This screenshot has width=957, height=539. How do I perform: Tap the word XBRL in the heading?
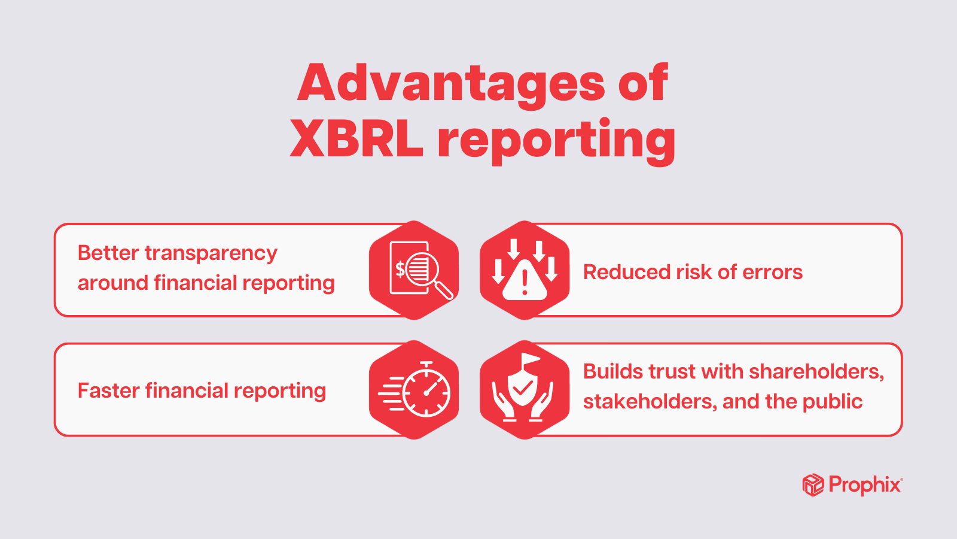[x=356, y=139]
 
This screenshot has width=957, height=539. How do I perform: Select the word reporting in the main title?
[x=556, y=141]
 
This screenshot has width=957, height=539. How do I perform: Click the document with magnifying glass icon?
[x=414, y=270]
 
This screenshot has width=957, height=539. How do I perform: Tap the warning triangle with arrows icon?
[x=525, y=270]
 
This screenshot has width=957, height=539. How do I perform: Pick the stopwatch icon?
[x=414, y=390]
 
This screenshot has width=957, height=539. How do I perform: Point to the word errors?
[x=772, y=272]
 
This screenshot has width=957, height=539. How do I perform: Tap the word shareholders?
[x=816, y=372]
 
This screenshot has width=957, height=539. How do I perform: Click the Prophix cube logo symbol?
[x=813, y=485]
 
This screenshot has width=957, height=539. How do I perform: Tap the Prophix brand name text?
[x=865, y=485]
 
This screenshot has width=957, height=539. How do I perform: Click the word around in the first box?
[x=113, y=283]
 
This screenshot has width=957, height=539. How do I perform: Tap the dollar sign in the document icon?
[x=400, y=269]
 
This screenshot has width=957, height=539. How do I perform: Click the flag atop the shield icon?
[x=530, y=359]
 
